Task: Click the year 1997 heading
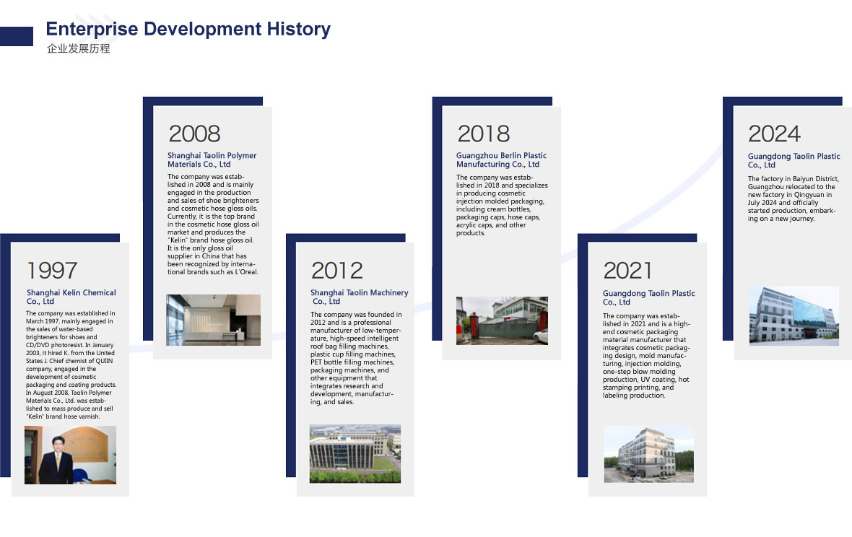point(52,271)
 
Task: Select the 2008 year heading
point(194,134)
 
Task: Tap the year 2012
point(337,271)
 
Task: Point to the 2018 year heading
point(484,134)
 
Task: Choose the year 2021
point(627,271)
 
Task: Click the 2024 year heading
point(774,134)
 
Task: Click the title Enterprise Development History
point(188,29)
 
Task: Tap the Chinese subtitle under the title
point(78,48)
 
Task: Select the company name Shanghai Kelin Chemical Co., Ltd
point(71,297)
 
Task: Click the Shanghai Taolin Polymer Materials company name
point(212,160)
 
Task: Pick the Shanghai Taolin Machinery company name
point(359,297)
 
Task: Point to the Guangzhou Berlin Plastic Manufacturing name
point(502,160)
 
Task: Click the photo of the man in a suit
point(70,455)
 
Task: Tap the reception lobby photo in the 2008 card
point(213,320)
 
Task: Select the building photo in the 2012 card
point(355,454)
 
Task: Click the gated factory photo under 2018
point(502,320)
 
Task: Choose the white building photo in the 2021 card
point(649,455)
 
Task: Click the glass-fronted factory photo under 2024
point(794,316)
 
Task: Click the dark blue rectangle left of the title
point(17,36)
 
